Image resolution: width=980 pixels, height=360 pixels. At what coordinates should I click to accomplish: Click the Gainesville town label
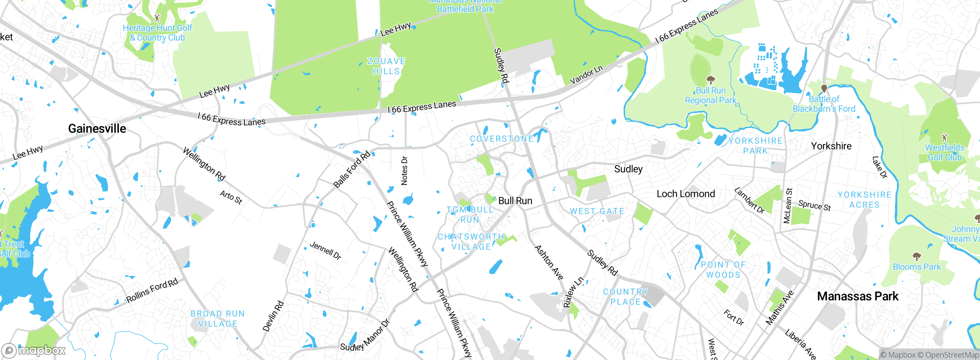(x=97, y=129)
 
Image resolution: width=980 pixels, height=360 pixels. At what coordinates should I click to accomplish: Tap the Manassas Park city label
(x=857, y=296)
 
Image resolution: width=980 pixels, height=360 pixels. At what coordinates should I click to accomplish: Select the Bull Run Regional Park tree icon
(x=710, y=80)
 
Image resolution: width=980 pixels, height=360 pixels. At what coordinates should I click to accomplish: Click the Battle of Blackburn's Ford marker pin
(x=824, y=88)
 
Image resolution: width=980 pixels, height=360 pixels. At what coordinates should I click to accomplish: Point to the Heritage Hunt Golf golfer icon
(x=157, y=18)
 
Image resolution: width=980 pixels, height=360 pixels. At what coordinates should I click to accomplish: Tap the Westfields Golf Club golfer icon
(x=944, y=137)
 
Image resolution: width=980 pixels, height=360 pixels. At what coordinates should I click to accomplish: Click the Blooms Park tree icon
(x=916, y=256)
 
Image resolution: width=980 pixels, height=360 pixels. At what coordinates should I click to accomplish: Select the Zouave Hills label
(x=386, y=66)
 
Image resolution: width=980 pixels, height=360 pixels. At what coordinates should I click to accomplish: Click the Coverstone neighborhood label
(x=501, y=139)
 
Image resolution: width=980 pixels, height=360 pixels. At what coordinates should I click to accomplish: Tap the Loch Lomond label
(x=686, y=194)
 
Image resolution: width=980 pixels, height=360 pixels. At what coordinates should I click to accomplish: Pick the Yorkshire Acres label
(x=864, y=200)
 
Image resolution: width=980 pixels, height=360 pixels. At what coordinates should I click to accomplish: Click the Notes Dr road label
(x=404, y=170)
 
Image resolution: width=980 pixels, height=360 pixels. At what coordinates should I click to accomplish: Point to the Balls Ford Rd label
(x=351, y=169)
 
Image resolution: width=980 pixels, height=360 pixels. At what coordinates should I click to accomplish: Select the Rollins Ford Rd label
(x=152, y=290)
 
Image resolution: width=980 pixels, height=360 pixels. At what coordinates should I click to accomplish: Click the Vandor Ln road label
(x=586, y=75)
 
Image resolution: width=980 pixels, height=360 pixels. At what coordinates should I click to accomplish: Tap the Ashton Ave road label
(x=549, y=263)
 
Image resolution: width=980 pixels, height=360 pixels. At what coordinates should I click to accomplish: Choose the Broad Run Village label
(x=218, y=319)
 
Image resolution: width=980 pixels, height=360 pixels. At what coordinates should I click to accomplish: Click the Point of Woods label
(x=723, y=270)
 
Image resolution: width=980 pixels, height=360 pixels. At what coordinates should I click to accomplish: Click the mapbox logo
(x=34, y=350)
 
